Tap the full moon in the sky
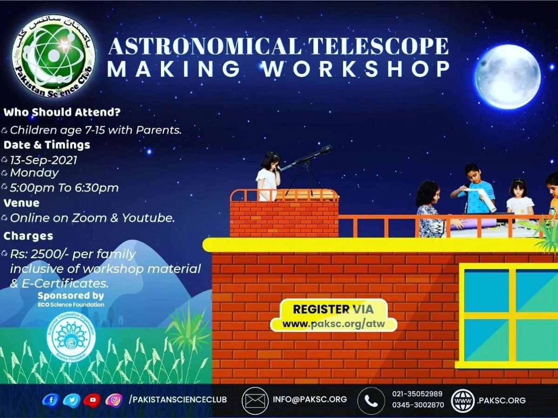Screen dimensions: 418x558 pyautogui.click(x=508, y=77)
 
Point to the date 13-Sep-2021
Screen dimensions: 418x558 pyautogui.click(x=44, y=160)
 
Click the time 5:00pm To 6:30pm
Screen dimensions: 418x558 pyautogui.click(x=64, y=188)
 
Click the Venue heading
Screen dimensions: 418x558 pyautogui.click(x=21, y=203)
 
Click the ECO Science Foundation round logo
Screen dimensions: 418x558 pyautogui.click(x=71, y=338)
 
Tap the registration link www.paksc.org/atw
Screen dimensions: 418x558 pyautogui.click(x=333, y=323)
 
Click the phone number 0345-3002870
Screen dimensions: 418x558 pyautogui.click(x=418, y=405)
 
